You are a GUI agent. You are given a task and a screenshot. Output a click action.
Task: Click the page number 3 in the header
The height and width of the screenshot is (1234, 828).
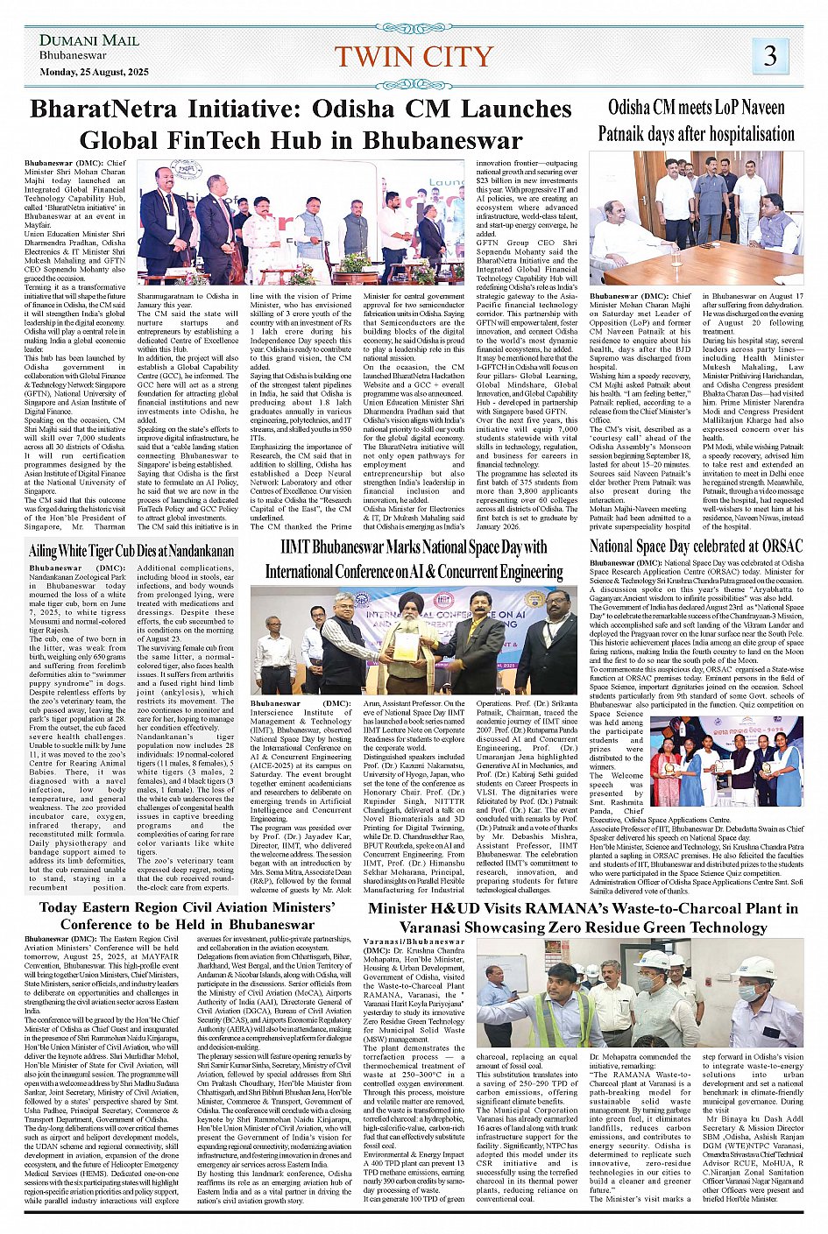click(769, 56)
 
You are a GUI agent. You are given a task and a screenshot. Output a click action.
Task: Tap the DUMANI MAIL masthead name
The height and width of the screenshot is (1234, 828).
click(88, 40)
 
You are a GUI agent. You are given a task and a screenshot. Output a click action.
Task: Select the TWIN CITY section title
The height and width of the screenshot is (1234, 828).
click(414, 57)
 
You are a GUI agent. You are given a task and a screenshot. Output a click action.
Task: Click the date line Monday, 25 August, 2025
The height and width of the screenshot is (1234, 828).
click(94, 72)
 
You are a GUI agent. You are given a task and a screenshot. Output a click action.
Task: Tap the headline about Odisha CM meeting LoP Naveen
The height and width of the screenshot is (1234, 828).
click(696, 121)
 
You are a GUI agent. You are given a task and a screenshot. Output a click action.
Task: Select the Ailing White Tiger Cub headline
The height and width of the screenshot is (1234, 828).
click(131, 551)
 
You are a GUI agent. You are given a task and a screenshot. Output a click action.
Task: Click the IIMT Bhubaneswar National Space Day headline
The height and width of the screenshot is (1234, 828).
click(414, 560)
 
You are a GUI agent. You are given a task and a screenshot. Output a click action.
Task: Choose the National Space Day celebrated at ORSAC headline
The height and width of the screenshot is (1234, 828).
click(696, 546)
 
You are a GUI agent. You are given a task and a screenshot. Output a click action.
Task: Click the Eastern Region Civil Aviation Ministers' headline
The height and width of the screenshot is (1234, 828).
click(187, 915)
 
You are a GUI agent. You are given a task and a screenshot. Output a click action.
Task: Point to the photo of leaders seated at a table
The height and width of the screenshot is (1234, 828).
click(696, 219)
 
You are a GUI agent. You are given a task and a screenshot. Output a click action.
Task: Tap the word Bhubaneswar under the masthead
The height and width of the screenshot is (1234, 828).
click(73, 55)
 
